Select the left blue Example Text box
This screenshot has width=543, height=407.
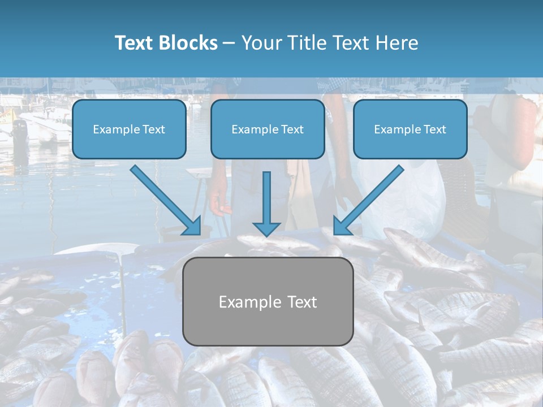click(129, 129)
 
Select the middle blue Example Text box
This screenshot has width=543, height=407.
click(268, 129)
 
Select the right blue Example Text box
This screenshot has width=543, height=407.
click(410, 129)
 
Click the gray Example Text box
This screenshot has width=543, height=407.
click(268, 302)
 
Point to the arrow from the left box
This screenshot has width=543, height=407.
click(164, 198)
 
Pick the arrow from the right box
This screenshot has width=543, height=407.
click(370, 198)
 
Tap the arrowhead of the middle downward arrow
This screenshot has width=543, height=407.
click(266, 229)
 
